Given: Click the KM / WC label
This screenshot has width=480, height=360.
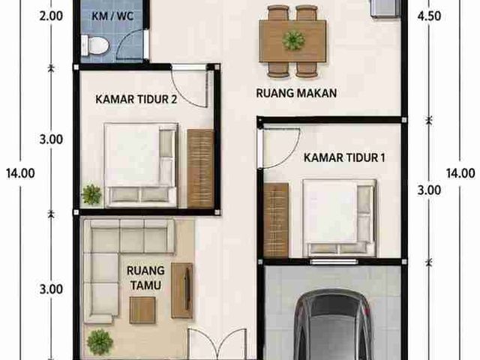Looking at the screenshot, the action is pyautogui.click(x=112, y=16).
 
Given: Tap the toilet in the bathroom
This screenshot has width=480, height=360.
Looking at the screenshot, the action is pyautogui.click(x=95, y=46).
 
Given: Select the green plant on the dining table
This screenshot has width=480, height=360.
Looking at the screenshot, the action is pyautogui.click(x=293, y=40).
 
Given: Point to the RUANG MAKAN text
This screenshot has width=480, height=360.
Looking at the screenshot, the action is pyautogui.click(x=296, y=93).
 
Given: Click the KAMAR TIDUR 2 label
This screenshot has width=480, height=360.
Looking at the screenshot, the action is pyautogui.click(x=136, y=99).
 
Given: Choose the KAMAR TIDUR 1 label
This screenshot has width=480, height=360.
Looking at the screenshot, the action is pyautogui.click(x=344, y=157).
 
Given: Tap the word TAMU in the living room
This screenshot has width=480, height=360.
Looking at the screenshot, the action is pyautogui.click(x=145, y=285).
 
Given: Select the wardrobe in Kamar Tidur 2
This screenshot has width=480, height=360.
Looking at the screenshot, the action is pyautogui.click(x=200, y=169).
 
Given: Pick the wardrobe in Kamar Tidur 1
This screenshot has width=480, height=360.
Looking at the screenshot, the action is pyautogui.click(x=276, y=220).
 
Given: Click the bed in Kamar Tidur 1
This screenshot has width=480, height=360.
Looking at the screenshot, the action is pyautogui.click(x=339, y=217).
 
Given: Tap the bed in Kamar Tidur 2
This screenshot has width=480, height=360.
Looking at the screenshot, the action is pyautogui.click(x=141, y=165).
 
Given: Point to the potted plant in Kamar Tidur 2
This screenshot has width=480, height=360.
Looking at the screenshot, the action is pyautogui.click(x=91, y=194).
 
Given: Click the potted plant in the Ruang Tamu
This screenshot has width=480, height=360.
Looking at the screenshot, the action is pyautogui.click(x=100, y=342).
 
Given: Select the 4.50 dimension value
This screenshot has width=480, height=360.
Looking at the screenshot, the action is pyautogui.click(x=429, y=16).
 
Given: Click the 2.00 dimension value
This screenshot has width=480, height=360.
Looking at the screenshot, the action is pyautogui.click(x=51, y=16).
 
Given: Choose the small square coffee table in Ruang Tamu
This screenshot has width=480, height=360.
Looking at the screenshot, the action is pyautogui.click(x=142, y=310).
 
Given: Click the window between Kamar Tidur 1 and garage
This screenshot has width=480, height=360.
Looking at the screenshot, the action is pyautogui.click(x=334, y=262).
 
